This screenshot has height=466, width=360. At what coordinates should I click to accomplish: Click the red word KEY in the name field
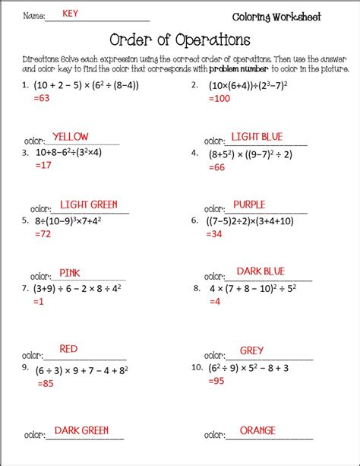[x=70, y=14]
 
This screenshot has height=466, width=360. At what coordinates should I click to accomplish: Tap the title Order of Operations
[x=179, y=39]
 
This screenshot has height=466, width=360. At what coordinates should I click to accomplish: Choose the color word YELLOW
[x=70, y=137]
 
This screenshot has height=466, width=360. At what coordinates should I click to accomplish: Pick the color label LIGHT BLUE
[x=257, y=137]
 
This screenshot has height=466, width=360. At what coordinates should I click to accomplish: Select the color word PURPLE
[x=249, y=204]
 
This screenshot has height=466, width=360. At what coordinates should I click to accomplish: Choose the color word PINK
[x=70, y=272]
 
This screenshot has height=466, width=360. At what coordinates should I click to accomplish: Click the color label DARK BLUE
[x=261, y=271]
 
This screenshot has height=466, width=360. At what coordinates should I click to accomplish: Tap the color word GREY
[x=251, y=350]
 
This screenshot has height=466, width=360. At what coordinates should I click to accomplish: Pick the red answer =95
[x=215, y=381]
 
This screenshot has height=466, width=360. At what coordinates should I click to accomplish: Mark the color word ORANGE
[x=257, y=430]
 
